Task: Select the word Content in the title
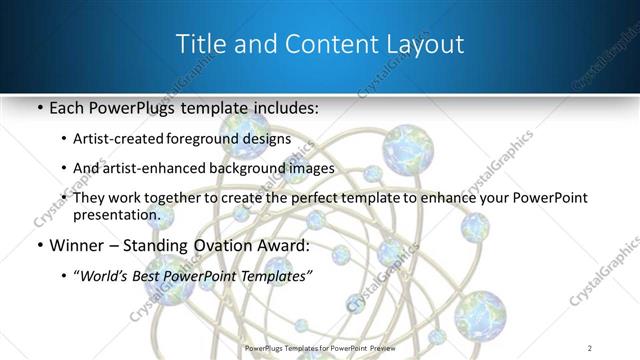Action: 311,44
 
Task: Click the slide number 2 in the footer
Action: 590,349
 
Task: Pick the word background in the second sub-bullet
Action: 260,168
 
